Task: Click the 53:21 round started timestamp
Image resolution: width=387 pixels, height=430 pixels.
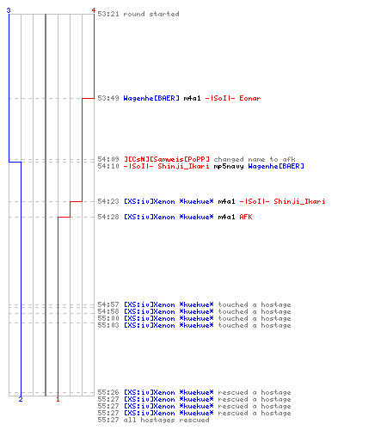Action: coord(108,14)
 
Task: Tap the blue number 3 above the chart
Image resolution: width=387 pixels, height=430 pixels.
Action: coord(9,10)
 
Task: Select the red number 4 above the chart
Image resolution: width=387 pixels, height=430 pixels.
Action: coord(94,10)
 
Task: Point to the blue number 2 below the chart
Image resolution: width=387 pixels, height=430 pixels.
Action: coord(21,399)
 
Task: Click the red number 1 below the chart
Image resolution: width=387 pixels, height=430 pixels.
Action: coord(58,399)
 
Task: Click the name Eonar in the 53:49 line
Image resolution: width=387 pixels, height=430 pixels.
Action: coord(250,98)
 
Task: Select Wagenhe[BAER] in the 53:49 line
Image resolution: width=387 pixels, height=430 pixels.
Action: coord(151,98)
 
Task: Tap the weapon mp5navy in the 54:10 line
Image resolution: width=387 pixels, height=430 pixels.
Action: coord(229,166)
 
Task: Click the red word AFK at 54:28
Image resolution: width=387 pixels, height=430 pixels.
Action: coord(246,217)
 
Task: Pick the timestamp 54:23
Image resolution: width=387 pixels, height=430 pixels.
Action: coord(108,201)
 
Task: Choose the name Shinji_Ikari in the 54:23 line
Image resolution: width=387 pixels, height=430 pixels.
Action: coord(299,201)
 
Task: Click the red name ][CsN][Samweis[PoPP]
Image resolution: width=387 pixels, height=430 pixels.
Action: coord(167,159)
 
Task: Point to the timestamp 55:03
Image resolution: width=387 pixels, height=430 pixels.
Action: coord(108,325)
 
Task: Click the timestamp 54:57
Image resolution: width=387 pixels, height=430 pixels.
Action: coord(108,304)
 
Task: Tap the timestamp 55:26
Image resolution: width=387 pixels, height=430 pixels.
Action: coord(108,392)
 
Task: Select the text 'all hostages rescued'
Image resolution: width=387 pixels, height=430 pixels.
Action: coord(166,421)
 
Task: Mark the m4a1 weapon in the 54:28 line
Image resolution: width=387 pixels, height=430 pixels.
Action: coord(226,217)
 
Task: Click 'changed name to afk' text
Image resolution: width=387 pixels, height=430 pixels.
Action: coord(255,159)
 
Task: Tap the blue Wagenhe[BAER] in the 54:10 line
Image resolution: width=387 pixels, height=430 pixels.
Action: coord(276,166)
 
